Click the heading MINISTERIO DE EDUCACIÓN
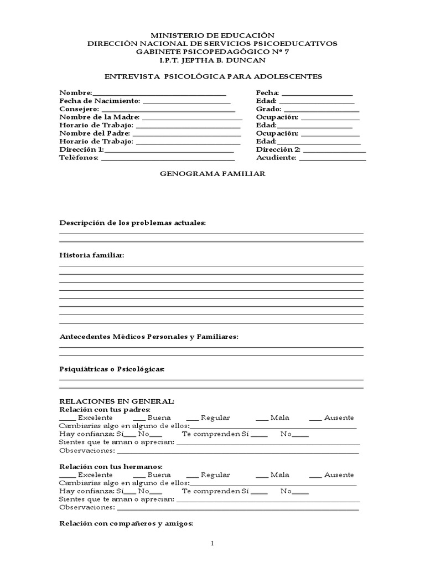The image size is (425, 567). pyautogui.click(x=213, y=35)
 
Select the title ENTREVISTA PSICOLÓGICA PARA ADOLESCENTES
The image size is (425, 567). pyautogui.click(x=213, y=76)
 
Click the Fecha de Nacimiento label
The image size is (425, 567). pyautogui.click(x=100, y=101)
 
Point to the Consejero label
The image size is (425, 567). pyautogui.click(x=79, y=109)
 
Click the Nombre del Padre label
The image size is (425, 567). pyautogui.click(x=95, y=133)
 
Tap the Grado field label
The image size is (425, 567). pyautogui.click(x=268, y=109)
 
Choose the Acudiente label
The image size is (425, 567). pyautogui.click(x=276, y=158)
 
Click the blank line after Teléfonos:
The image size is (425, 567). pyautogui.click(x=168, y=160)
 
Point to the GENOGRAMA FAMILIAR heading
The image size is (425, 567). pyautogui.click(x=213, y=174)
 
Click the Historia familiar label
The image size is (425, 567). pyautogui.click(x=92, y=255)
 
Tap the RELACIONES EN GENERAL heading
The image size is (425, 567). pyautogui.click(x=117, y=401)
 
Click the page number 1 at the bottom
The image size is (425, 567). pyautogui.click(x=212, y=544)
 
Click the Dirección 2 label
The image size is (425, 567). pyautogui.click(x=278, y=150)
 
